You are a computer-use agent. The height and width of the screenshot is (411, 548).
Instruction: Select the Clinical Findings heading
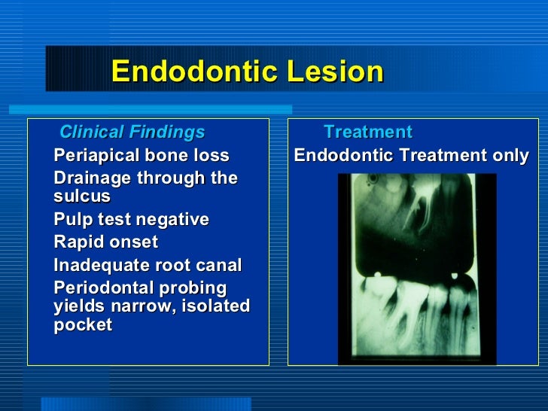pyautogui.click(x=132, y=132)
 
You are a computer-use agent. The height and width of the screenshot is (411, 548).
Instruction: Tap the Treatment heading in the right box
pyautogui.click(x=367, y=132)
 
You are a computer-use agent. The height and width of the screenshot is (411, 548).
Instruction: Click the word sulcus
pyautogui.click(x=82, y=196)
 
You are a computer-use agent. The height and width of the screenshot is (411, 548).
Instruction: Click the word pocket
pyautogui.click(x=83, y=325)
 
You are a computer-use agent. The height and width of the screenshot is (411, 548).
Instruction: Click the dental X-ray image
pyautogui.click(x=417, y=269)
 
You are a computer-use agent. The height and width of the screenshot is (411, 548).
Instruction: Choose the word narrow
pyautogui.click(x=144, y=306)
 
